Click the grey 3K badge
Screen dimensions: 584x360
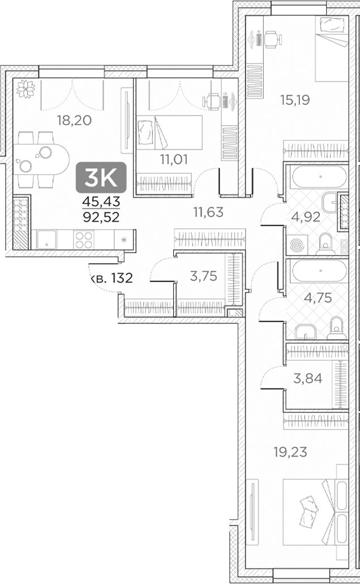[100, 178]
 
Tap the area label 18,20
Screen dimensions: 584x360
[75, 120]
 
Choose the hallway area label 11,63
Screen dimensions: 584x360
[208, 212]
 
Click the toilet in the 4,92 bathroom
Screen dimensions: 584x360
[324, 242]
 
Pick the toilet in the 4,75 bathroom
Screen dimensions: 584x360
[336, 326]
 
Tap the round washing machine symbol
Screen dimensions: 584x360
[297, 246]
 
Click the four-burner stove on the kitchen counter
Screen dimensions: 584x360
[84, 240]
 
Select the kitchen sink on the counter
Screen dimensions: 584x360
[44, 241]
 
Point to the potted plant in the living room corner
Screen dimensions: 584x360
[24, 89]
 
